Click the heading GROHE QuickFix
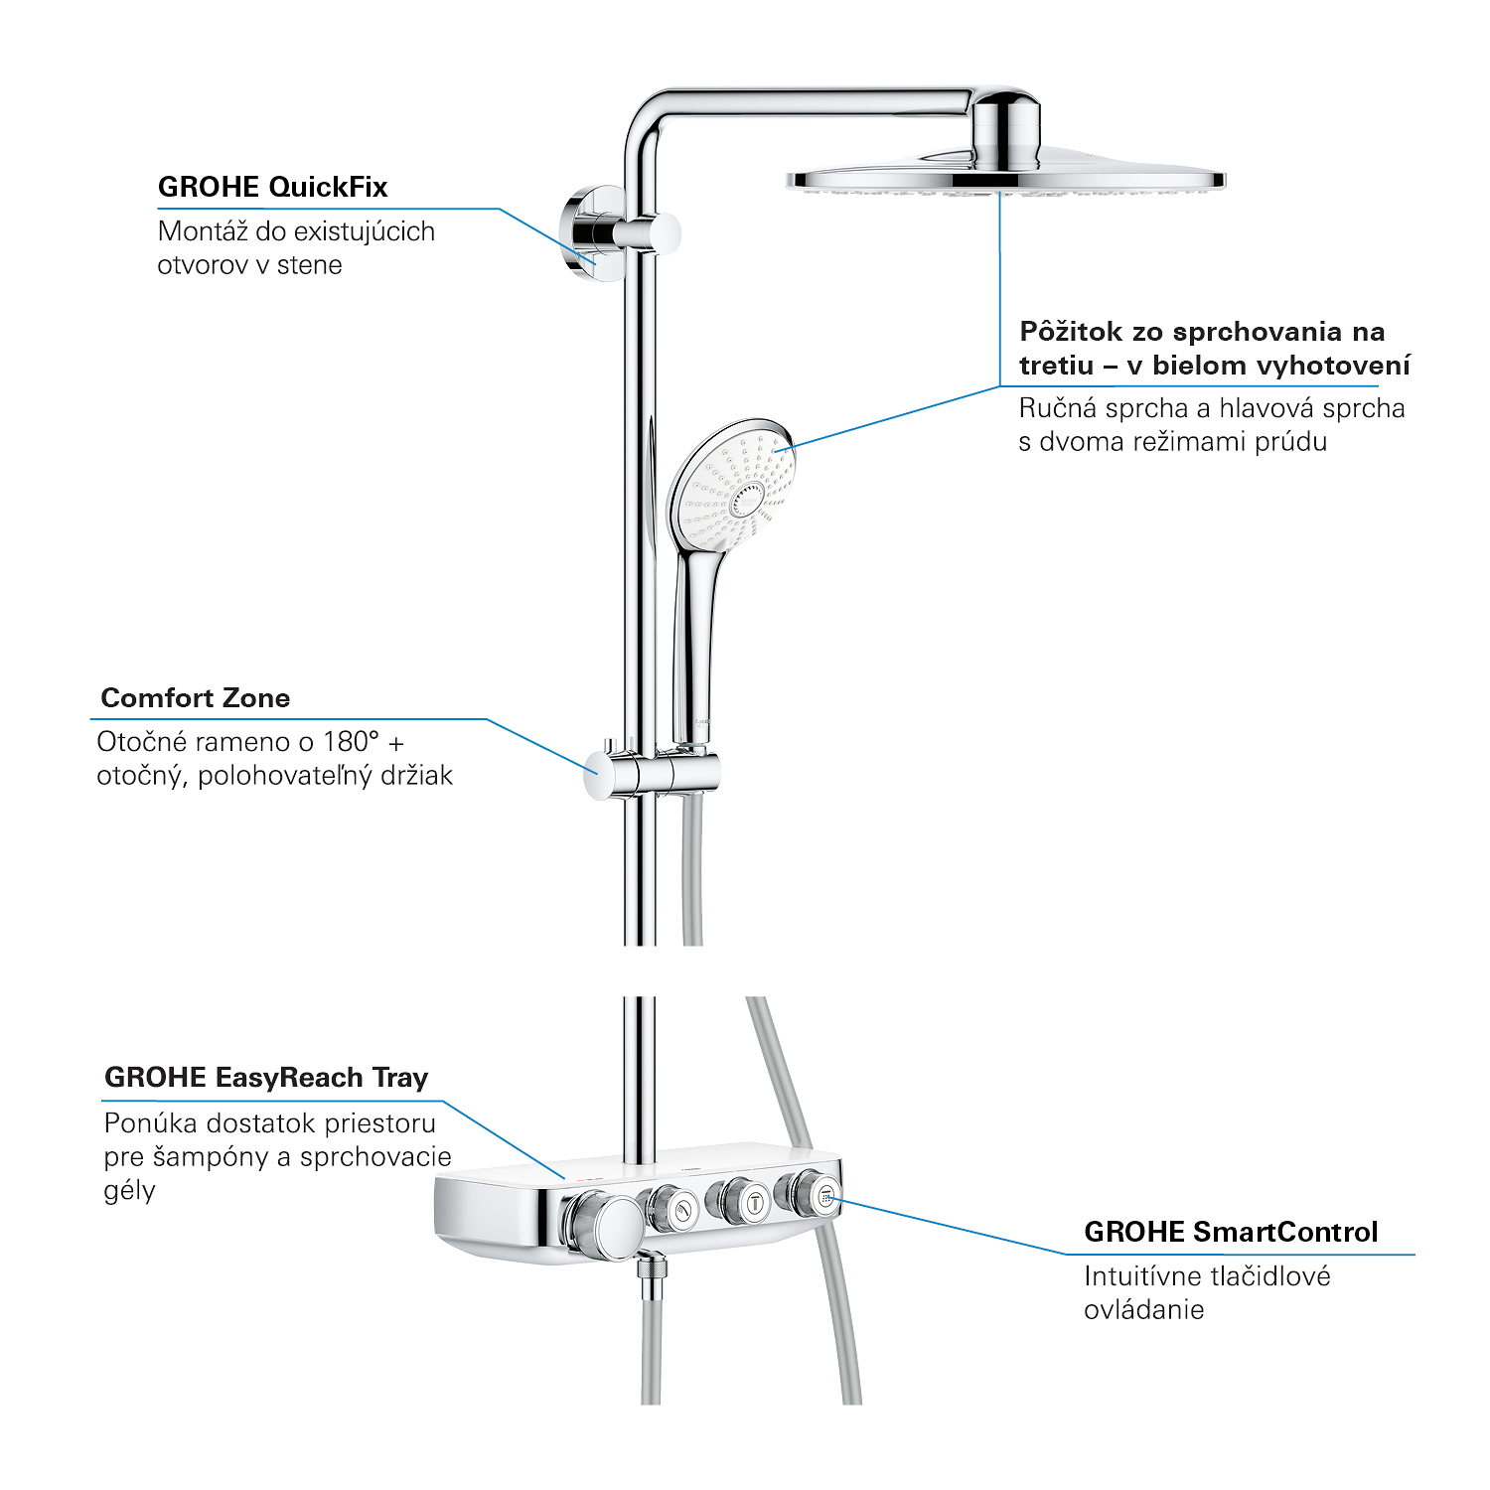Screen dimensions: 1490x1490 click(x=272, y=187)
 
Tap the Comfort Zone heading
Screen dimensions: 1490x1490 click(x=196, y=698)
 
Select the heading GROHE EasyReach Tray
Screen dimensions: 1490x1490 click(x=266, y=1078)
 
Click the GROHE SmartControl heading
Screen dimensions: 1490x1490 click(x=1231, y=1232)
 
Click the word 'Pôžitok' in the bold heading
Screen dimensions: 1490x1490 click(x=1069, y=332)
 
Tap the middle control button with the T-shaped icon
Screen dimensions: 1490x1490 click(x=740, y=1202)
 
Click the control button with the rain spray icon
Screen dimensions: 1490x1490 click(x=810, y=1196)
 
